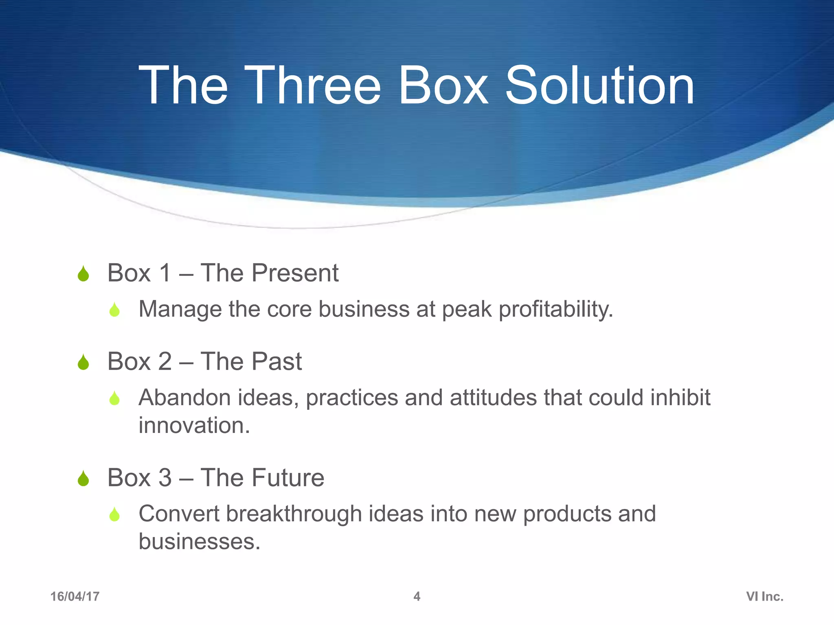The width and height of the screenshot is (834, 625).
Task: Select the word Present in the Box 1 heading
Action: (x=295, y=273)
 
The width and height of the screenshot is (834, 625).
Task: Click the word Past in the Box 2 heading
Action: (x=277, y=361)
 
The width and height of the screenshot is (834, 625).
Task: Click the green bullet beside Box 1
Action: (x=83, y=274)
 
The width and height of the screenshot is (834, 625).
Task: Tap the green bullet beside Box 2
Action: (x=83, y=362)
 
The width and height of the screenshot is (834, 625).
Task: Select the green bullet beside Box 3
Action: (x=83, y=479)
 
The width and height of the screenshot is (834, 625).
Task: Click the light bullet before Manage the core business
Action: (x=115, y=310)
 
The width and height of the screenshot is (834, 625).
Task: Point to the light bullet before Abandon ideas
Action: (x=115, y=398)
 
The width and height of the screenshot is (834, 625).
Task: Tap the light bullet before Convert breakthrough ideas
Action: (x=115, y=515)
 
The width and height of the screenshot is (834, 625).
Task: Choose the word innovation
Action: (x=194, y=426)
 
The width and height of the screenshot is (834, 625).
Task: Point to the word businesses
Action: (x=199, y=542)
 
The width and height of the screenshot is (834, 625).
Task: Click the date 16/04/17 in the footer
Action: (x=75, y=597)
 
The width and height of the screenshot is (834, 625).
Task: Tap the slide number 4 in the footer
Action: (x=417, y=597)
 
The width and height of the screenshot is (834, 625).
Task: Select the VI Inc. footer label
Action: (x=765, y=597)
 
